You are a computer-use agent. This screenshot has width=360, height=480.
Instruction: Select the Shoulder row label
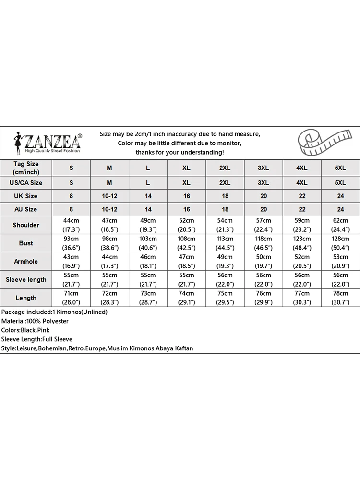26,225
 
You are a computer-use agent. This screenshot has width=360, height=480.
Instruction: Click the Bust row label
26,243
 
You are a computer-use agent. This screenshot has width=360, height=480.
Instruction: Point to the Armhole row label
26,262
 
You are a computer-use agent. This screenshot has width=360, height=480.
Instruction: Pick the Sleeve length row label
26,280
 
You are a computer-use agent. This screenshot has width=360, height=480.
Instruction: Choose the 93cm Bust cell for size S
71,243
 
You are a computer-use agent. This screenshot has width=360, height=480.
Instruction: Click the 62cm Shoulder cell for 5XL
340,225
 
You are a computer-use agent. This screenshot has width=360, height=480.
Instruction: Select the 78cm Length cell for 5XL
340,298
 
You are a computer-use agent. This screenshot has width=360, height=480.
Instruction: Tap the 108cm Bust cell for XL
186,243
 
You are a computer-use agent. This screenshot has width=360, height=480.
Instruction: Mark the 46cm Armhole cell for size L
148,262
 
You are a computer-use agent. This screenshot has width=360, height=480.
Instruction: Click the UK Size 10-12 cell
109,196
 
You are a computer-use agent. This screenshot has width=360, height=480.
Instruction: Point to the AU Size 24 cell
340,209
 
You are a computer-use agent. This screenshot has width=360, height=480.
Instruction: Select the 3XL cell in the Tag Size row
263,168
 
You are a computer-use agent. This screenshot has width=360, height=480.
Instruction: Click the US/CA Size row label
26,183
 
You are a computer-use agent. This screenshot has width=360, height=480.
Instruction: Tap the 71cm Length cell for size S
71,298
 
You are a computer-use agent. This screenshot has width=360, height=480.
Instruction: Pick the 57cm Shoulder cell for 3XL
263,225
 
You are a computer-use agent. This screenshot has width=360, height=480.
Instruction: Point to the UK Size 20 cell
263,196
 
